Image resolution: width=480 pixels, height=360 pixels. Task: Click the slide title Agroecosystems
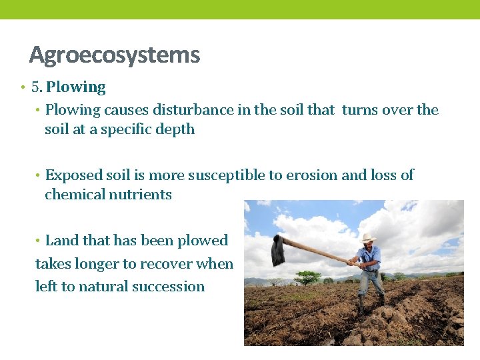pos(114,55)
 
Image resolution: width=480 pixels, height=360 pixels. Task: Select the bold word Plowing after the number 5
pos(75,87)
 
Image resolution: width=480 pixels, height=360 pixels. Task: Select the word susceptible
pos(226,175)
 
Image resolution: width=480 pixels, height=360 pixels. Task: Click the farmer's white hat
pos(368,238)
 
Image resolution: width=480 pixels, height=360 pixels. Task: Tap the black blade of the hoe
pos(277,251)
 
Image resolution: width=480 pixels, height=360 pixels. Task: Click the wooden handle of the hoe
pos(317,251)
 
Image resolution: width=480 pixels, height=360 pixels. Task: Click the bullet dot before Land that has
pos(39,241)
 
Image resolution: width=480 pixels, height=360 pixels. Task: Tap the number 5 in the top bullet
pos(35,87)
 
